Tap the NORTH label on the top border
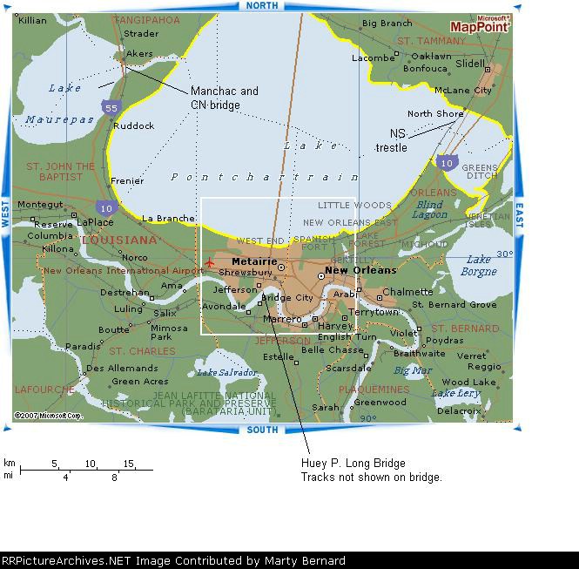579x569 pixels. tap(263, 6)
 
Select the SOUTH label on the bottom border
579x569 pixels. tap(263, 430)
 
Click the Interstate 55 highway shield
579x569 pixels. tap(110, 107)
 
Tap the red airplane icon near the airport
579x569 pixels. tap(208, 261)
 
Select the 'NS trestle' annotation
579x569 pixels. tap(397, 140)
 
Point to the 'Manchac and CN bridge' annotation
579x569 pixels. tap(225, 98)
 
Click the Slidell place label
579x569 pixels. tap(471, 64)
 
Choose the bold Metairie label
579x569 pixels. tap(254, 261)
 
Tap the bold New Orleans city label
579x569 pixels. tap(360, 270)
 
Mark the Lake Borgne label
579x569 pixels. tap(479, 265)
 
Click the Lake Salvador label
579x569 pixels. tap(226, 373)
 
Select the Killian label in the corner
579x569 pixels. tap(32, 20)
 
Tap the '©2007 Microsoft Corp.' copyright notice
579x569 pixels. tap(48, 416)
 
